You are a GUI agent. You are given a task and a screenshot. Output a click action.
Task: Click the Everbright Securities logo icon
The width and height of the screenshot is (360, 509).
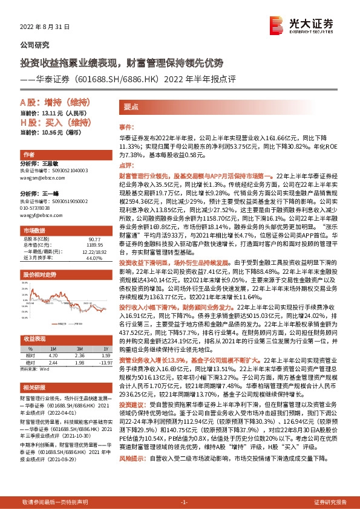tap(278, 25)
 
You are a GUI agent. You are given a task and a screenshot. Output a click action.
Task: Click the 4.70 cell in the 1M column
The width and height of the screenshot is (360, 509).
tap(53, 355)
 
